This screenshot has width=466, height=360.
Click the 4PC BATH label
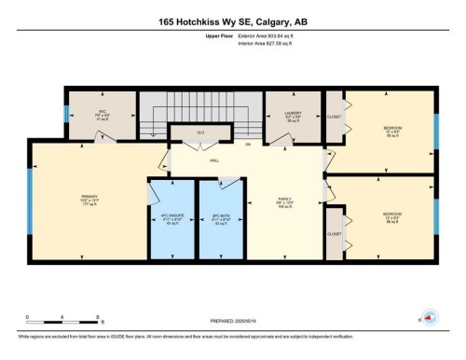coord(222,217)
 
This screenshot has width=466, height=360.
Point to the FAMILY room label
coord(285,201)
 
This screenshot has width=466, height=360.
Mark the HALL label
coord(214,161)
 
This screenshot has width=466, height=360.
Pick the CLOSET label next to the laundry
coord(334,118)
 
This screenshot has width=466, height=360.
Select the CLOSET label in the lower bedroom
coord(334,234)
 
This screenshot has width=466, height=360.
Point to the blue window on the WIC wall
coord(66,115)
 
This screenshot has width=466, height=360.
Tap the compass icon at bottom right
coord(429,317)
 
